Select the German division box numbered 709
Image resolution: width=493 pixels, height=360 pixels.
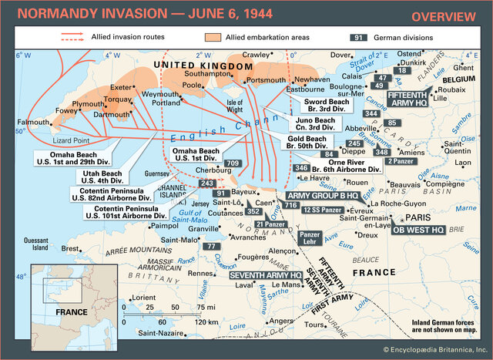click(233, 163)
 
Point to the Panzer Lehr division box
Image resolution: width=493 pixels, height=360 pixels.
click(309, 238)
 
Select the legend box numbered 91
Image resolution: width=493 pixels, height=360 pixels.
click(357, 37)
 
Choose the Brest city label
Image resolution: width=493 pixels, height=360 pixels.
click(70, 249)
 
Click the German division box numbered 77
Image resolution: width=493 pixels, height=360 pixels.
click(211, 246)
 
